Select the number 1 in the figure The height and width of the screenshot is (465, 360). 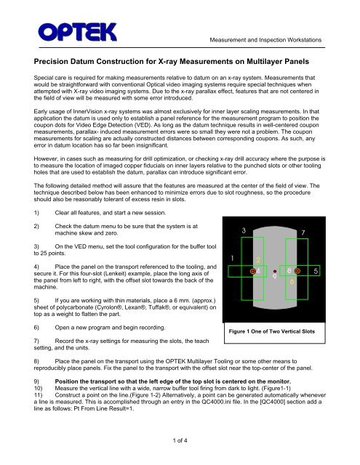coord(231,258)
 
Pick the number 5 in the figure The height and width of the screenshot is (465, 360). coord(336,270)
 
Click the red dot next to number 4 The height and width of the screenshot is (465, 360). coord(252,270)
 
